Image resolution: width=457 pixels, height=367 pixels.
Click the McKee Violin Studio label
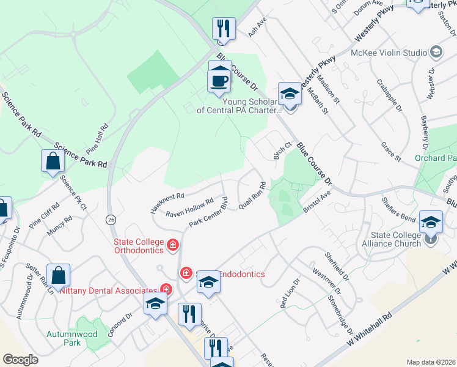point(389,53)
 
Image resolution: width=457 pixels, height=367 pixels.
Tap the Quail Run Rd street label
point(252,195)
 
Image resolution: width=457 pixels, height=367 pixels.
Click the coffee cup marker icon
point(219,81)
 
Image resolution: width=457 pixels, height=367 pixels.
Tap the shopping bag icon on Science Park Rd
point(53,161)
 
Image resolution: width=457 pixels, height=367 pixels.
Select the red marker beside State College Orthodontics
point(173,245)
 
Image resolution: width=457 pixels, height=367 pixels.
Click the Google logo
point(20,360)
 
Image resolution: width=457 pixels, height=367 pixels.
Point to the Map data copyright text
point(431,362)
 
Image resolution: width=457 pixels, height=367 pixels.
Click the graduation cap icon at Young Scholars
point(290,94)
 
